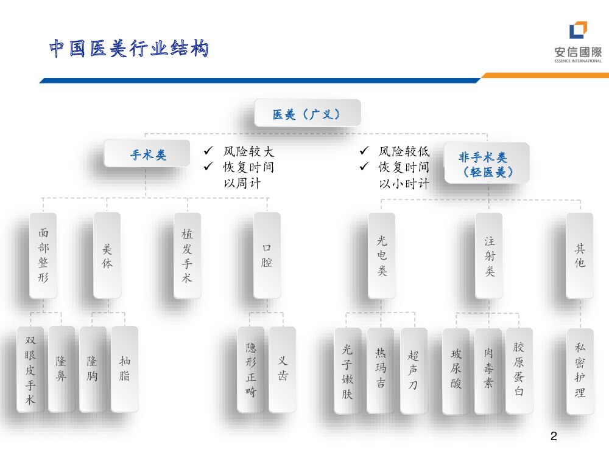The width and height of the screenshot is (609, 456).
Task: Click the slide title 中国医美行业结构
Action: (128, 49)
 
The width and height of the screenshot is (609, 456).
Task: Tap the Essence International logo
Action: (578, 41)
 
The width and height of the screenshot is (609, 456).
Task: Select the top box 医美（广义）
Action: (307, 114)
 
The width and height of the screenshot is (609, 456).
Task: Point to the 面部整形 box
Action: (43, 255)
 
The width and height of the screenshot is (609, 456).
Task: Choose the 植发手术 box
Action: (187, 255)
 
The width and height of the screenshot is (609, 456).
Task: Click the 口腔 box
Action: (267, 255)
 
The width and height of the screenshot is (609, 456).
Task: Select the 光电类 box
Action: (382, 255)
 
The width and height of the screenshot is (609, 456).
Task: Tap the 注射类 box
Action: (490, 255)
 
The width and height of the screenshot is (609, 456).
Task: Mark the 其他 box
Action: (580, 255)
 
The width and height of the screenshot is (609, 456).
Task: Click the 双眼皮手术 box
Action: (30, 369)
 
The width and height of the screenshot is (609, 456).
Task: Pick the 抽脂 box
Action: (124, 369)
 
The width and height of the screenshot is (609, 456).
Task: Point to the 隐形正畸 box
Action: (251, 369)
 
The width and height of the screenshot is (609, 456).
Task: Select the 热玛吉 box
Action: (381, 369)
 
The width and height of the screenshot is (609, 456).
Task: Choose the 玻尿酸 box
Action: (456, 369)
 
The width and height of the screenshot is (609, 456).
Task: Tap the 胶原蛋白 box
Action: (519, 369)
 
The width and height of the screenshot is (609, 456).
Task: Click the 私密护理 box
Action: (580, 369)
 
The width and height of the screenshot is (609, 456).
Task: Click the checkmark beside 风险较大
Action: (208, 150)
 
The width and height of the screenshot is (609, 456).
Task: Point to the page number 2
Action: (553, 437)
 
